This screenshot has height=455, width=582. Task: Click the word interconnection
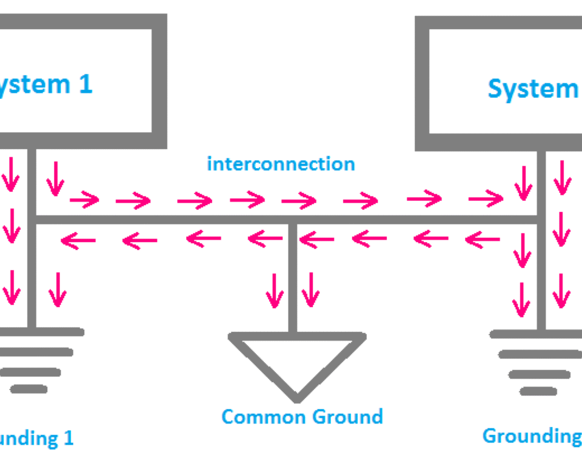(x=281, y=164)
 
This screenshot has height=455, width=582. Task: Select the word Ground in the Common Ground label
(x=348, y=417)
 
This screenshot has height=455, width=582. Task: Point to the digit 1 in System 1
(x=85, y=84)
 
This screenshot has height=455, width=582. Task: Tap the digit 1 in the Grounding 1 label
(x=67, y=438)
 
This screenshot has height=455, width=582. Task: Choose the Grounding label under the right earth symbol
(x=531, y=436)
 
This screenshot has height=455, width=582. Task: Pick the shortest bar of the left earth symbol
(x=28, y=389)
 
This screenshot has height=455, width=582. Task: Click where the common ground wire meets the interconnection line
(x=293, y=220)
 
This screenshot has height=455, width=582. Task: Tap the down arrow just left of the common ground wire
(x=275, y=290)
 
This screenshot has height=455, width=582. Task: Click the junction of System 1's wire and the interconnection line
(x=32, y=219)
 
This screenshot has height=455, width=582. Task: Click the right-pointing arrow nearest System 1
(x=85, y=199)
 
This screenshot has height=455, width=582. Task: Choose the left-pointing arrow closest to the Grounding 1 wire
(x=78, y=242)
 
